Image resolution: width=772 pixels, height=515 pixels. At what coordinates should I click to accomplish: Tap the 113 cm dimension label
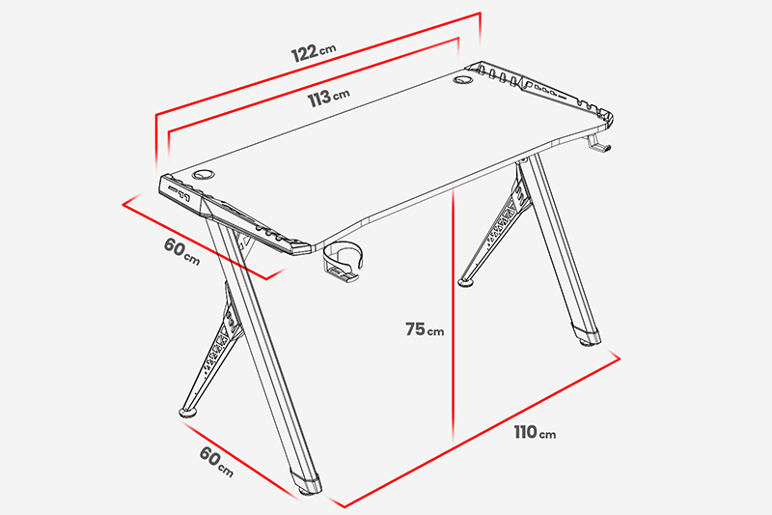click(x=328, y=98)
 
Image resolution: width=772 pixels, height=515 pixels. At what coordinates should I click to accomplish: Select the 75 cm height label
click(x=425, y=329)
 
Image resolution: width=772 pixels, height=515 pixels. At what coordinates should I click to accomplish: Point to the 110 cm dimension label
click(x=535, y=433)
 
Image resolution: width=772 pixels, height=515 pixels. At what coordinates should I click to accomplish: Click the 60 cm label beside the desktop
click(x=181, y=251)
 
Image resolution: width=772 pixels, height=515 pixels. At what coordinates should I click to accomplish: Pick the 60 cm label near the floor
click(x=216, y=462)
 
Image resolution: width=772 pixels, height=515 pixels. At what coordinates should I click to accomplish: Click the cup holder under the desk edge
click(x=343, y=262)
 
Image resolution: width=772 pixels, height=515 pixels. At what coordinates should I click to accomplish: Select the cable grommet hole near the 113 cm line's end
click(x=463, y=79)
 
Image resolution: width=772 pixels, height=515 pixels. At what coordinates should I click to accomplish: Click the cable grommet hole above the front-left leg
click(x=203, y=174)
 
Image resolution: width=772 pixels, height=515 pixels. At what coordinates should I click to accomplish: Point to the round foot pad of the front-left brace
click(x=187, y=412)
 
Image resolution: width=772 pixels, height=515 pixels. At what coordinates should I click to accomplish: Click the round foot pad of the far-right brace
click(x=466, y=282)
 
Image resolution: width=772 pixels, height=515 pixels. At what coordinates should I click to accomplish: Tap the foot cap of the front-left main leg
click(x=307, y=483)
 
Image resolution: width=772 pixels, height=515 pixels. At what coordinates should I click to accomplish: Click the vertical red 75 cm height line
click(x=454, y=315)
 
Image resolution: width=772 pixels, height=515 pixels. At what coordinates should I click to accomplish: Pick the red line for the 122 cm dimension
click(x=318, y=64)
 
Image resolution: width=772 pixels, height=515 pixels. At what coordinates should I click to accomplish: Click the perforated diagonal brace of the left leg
click(x=212, y=350)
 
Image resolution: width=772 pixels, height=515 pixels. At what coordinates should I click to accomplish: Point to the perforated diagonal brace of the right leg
click(x=497, y=231)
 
